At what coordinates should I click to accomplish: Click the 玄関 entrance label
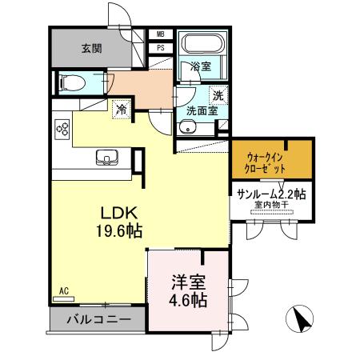90,49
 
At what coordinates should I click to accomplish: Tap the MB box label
161,34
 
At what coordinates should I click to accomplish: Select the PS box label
161,47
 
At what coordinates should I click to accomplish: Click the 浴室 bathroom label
201,68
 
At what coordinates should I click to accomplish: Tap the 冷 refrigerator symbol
122,110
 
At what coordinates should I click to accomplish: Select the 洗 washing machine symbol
218,94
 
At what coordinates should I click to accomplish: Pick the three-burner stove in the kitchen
63,129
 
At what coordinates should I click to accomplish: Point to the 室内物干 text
270,206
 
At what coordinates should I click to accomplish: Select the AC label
64,291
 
